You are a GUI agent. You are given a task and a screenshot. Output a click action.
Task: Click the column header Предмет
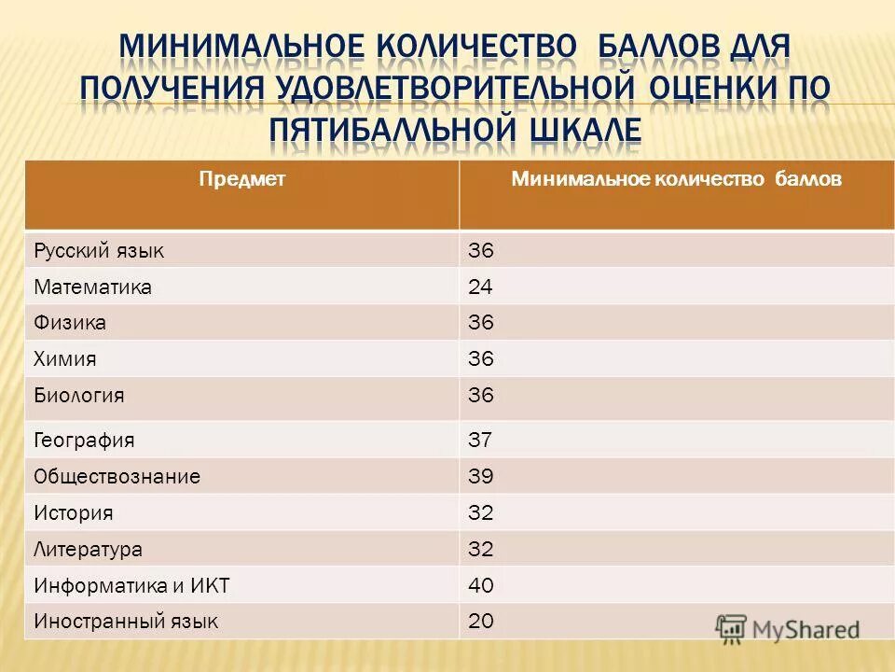[241, 179]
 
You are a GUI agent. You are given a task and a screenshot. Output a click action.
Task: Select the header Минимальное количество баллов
[676, 179]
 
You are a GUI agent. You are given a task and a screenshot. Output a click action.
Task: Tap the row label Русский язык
[99, 250]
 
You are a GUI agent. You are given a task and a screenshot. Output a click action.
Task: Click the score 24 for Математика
[480, 287]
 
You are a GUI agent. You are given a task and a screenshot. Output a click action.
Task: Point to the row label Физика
[70, 323]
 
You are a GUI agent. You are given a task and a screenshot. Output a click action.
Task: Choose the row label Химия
[65, 359]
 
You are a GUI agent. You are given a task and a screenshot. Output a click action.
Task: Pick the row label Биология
[79, 396]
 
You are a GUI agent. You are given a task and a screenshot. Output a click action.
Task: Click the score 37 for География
[480, 440]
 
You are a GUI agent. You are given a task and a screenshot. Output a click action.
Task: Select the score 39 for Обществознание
[480, 476]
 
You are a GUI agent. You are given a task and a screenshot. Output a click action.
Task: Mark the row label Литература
[89, 549]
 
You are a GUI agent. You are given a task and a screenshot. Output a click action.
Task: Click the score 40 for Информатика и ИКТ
[480, 585]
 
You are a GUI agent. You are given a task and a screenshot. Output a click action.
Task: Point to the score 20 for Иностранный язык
[480, 621]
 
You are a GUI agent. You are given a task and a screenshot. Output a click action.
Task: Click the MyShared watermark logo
[788, 628]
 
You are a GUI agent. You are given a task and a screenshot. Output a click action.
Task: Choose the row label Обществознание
[117, 476]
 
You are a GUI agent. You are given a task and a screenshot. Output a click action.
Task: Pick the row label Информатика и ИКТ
[131, 585]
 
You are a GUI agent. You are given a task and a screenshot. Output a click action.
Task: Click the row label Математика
[92, 287]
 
